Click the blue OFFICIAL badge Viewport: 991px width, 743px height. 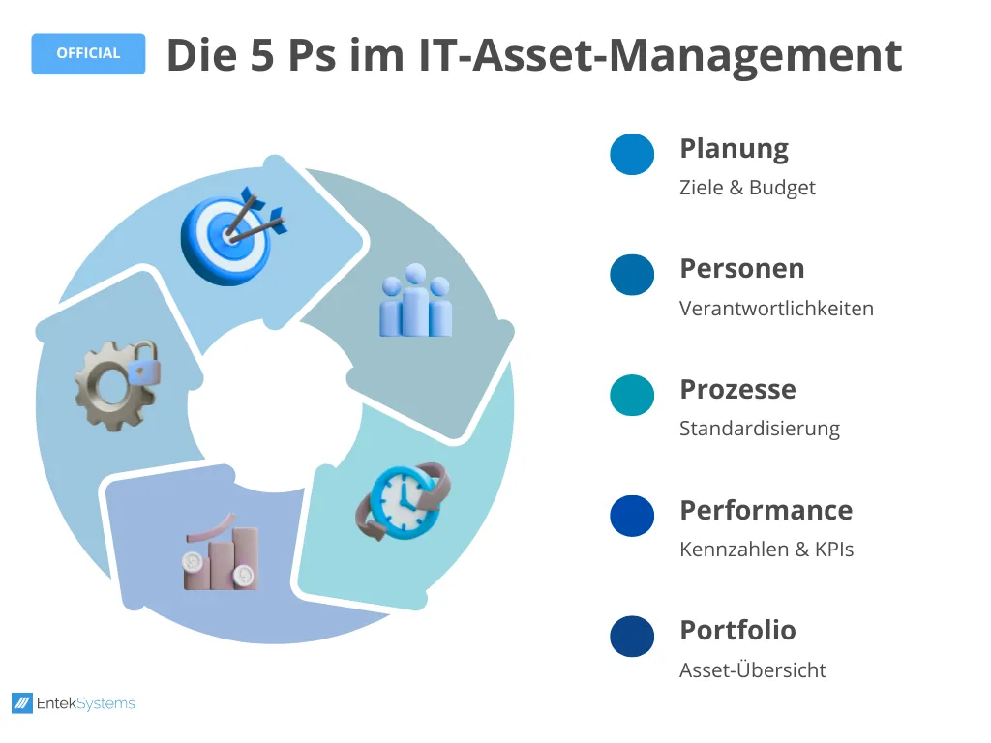point(88,54)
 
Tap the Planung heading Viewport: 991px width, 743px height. point(734,150)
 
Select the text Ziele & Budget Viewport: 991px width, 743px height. point(747,188)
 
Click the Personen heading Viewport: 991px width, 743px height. point(742,269)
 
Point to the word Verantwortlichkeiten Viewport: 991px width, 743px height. point(776,309)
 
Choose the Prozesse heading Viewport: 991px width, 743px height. point(737,389)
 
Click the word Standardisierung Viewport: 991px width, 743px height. point(759,429)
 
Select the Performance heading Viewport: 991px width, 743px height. point(766,510)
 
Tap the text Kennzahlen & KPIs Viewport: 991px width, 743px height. point(766,550)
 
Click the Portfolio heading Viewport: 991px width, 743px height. point(737,630)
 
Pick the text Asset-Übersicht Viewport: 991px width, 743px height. point(753,669)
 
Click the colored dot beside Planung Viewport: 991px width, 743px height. point(632,154)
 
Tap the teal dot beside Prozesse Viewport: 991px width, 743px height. point(632,396)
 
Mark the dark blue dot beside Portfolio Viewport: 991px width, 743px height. point(632,637)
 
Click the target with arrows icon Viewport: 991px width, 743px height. point(232,235)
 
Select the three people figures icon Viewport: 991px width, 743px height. point(416,301)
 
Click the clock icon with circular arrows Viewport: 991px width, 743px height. point(404,502)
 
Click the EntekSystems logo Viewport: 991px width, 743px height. point(74,703)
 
